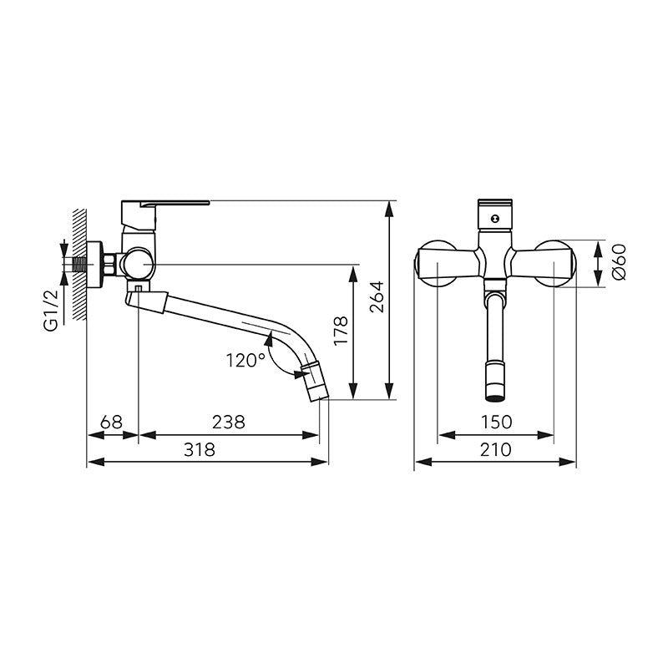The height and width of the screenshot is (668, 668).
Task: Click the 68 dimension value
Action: (x=111, y=422)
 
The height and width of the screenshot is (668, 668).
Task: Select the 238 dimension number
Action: (x=229, y=422)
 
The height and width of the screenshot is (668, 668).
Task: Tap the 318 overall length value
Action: (x=200, y=449)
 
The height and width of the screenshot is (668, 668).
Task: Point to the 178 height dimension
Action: (x=341, y=331)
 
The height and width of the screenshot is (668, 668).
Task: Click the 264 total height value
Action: (x=377, y=297)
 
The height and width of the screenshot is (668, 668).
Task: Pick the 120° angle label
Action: (x=245, y=361)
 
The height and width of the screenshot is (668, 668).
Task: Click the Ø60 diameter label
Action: (x=619, y=261)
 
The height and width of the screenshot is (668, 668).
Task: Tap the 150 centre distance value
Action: (x=496, y=422)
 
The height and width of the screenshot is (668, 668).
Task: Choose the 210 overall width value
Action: (x=495, y=449)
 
